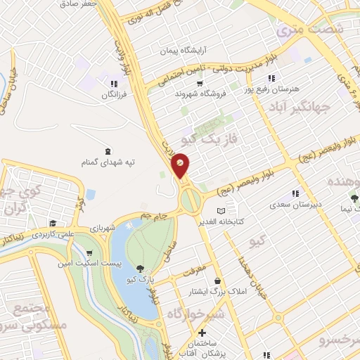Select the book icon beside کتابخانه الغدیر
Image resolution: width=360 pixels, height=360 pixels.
click(221, 211)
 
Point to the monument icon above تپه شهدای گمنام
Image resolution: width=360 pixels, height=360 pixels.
click(107, 152)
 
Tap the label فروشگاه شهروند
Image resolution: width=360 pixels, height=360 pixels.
click(185, 94)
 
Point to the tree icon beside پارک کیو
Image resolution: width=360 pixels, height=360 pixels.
click(141, 268)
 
